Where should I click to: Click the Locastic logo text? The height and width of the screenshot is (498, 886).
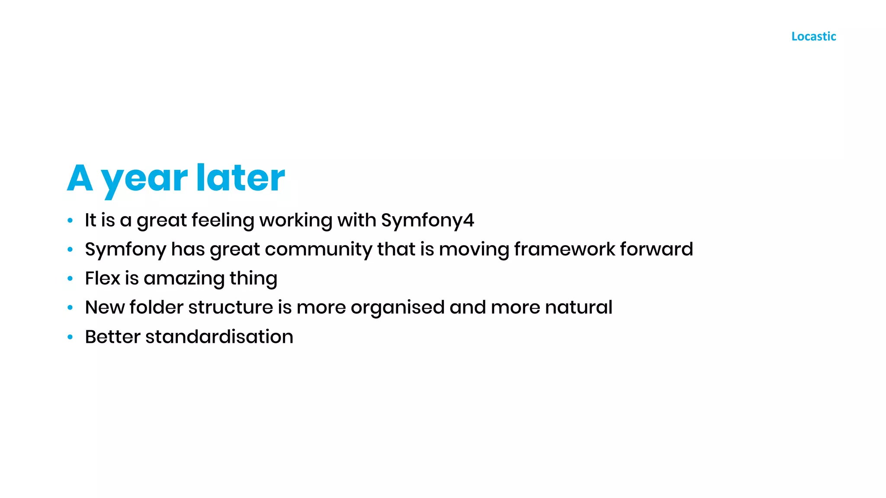(x=813, y=36)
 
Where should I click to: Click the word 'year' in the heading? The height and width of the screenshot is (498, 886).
(x=144, y=178)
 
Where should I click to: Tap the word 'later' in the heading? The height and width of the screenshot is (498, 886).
(x=241, y=177)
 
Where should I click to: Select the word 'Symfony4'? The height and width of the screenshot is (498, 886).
(x=427, y=220)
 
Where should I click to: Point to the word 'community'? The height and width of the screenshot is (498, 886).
(x=318, y=249)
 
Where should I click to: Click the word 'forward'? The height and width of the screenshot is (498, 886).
(x=656, y=249)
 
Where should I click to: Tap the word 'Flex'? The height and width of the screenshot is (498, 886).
(x=102, y=278)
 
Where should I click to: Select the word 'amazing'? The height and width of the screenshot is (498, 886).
(x=184, y=279)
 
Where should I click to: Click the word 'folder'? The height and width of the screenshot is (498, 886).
(x=156, y=307)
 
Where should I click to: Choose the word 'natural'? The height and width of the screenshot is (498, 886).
(x=578, y=307)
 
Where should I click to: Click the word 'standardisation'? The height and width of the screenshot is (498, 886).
(x=219, y=337)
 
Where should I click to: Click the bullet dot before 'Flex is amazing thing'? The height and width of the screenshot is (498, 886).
(x=70, y=279)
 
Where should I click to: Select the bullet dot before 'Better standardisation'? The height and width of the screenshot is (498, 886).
(x=70, y=337)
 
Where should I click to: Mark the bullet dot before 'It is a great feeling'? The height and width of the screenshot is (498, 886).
(x=70, y=221)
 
